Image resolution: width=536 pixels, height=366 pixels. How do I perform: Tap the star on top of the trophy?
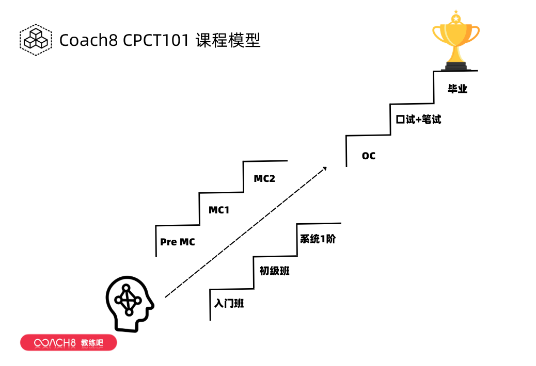click(x=455, y=19)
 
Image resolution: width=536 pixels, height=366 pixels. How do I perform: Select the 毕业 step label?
click(x=458, y=89)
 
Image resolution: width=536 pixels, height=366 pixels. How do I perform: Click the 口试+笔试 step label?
click(x=418, y=120)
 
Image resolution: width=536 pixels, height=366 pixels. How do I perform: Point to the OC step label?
click(x=369, y=156)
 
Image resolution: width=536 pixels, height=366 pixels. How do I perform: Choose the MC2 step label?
click(x=264, y=179)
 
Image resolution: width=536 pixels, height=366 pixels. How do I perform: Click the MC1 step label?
click(x=219, y=210)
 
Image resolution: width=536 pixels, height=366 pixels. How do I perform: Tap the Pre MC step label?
click(x=178, y=242)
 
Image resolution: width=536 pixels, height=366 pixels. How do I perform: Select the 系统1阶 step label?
click(x=318, y=239)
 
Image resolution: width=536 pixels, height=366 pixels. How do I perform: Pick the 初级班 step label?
click(x=274, y=271)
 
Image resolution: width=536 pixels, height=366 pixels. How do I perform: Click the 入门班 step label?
click(x=229, y=303)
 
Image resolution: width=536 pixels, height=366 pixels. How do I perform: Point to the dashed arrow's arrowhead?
click(x=324, y=168)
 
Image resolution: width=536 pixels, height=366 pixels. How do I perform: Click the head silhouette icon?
click(x=129, y=304)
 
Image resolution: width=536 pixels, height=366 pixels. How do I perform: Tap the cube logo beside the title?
click(x=36, y=39)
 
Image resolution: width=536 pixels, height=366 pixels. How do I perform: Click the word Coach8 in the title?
click(x=88, y=40)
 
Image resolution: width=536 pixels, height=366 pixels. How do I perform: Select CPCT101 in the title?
click(x=155, y=40)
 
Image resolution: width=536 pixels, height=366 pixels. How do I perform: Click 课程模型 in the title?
click(x=228, y=40)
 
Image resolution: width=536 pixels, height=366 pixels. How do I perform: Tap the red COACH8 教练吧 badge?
click(x=69, y=343)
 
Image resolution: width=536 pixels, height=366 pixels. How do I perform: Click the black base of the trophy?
click(x=455, y=65)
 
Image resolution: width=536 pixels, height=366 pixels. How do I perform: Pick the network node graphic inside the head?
click(x=128, y=299)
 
